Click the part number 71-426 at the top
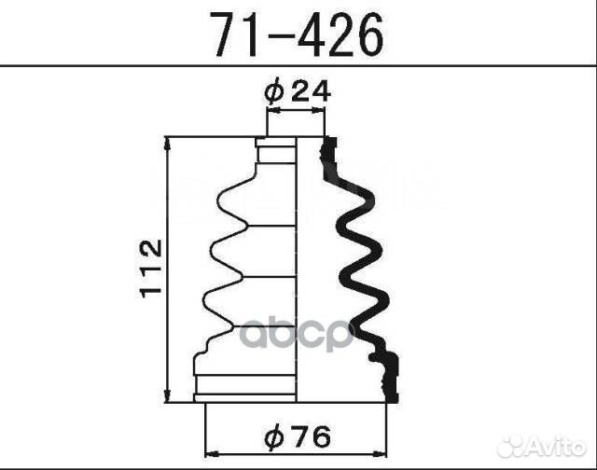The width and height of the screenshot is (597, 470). (x=298, y=34)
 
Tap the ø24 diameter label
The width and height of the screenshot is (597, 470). (x=298, y=91)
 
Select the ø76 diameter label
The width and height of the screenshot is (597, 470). (x=298, y=436)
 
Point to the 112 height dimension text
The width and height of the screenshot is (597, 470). (x=151, y=269)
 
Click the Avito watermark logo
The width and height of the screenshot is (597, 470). (x=542, y=446)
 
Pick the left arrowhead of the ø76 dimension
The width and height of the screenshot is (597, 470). (x=212, y=453)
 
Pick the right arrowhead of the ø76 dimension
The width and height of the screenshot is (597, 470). (x=380, y=453)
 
